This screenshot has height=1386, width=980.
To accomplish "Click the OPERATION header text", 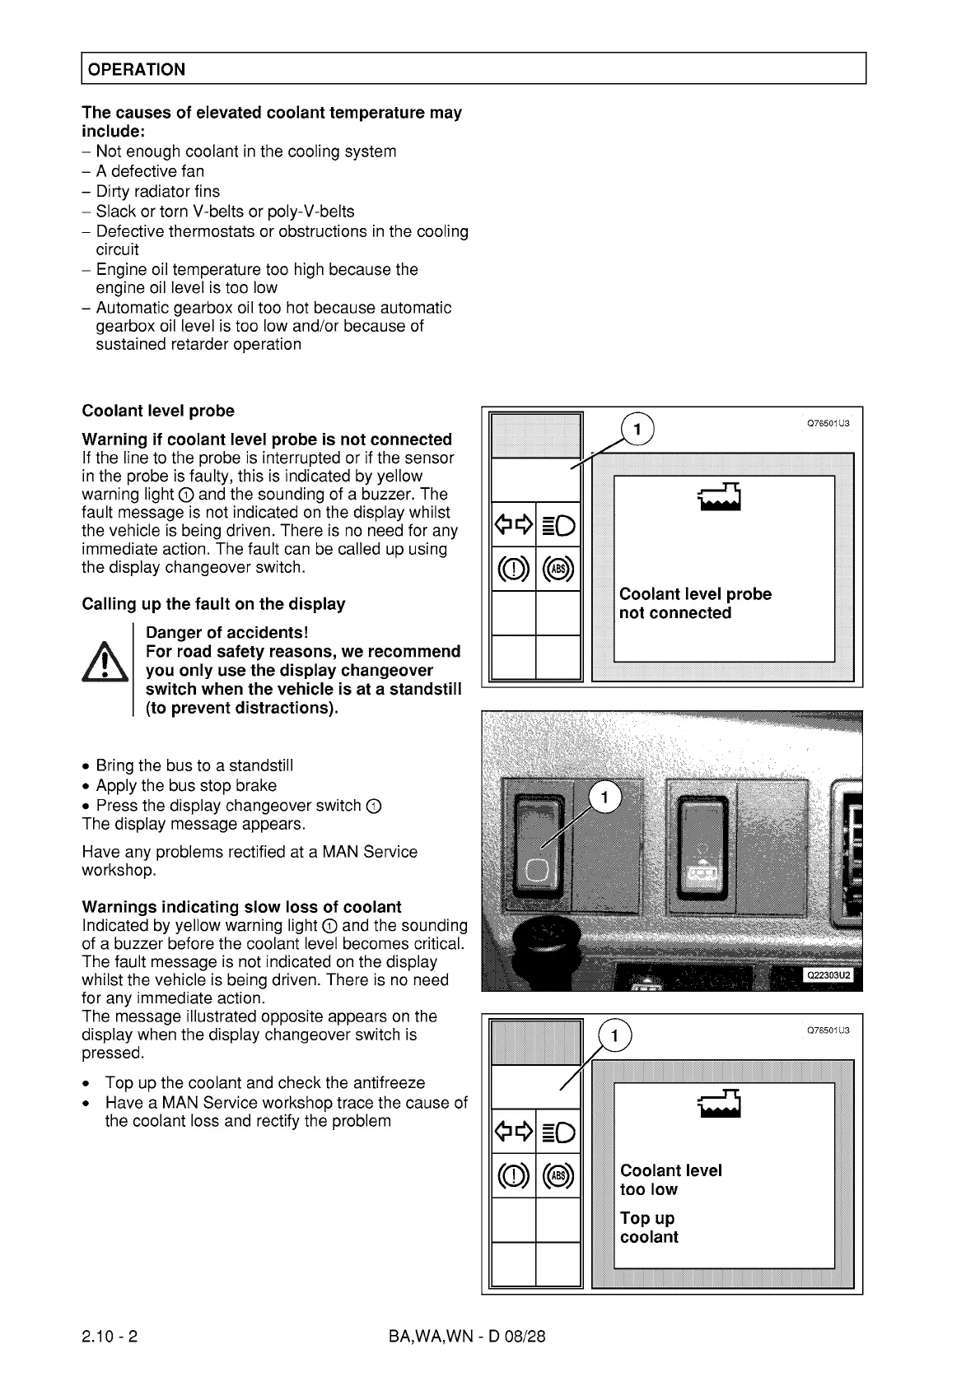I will point(137,69).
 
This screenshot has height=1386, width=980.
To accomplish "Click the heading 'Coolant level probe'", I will point(158,411).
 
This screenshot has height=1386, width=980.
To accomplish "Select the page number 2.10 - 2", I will point(110,1335).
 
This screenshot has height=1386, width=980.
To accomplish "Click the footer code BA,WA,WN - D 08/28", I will point(466,1335).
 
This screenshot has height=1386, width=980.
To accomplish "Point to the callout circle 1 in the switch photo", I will point(605,797).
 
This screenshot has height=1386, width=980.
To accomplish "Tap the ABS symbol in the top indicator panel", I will point(558,570).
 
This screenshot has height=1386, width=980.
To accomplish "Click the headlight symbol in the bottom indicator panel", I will point(558,1133).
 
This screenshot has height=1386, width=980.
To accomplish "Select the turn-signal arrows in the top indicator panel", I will point(513,524).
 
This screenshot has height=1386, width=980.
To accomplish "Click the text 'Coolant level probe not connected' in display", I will point(695,603).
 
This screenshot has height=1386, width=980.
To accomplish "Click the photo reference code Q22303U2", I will point(828,975).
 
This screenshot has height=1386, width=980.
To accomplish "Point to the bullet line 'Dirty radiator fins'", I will point(157,191).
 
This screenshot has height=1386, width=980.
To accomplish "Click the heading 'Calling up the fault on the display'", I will point(213,604).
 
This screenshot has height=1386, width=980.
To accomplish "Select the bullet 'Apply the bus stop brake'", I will point(185,785).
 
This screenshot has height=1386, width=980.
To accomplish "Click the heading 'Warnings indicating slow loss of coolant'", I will point(241,907).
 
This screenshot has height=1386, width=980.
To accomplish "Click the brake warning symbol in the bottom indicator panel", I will point(513,1177).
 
